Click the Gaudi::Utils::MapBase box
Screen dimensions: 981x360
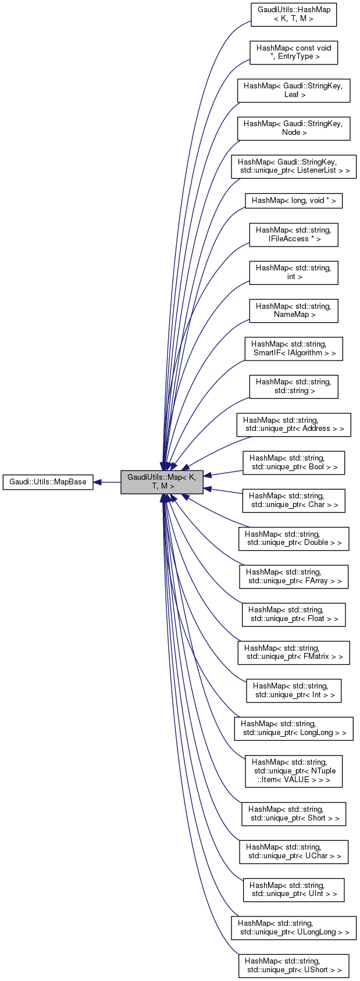click(x=48, y=482)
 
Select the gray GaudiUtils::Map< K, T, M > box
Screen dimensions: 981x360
click(x=162, y=482)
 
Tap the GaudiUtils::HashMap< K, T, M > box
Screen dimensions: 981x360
click(x=294, y=15)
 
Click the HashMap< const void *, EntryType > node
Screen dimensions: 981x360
click(x=294, y=52)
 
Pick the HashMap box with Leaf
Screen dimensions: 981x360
click(x=294, y=90)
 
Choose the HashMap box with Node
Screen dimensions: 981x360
click(x=294, y=128)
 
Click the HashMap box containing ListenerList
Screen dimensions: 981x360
click(x=294, y=166)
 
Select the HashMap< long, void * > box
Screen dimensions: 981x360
click(x=294, y=201)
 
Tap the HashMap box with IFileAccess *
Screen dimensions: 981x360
click(x=294, y=235)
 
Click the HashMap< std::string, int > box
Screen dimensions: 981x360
click(x=294, y=273)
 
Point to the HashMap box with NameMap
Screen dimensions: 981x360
click(x=294, y=311)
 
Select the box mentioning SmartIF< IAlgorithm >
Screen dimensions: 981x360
click(x=294, y=349)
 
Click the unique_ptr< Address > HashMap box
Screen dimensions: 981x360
click(x=294, y=424)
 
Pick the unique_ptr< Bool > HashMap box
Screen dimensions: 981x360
click(x=294, y=463)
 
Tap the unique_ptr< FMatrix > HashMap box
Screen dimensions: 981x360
click(x=294, y=652)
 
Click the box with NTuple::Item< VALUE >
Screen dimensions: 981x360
click(x=294, y=771)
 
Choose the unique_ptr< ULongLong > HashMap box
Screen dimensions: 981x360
click(x=294, y=928)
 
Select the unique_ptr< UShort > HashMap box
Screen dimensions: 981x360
click(x=294, y=966)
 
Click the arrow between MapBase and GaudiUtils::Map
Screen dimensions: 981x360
click(x=107, y=482)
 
